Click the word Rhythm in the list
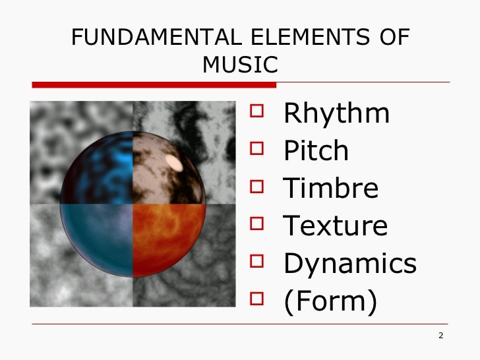(x=336, y=114)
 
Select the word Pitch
(x=316, y=152)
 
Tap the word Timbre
(x=331, y=189)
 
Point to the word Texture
(x=336, y=226)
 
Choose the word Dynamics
(x=350, y=264)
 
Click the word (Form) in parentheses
(x=330, y=301)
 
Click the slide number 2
(x=440, y=337)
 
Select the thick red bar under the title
(x=154, y=84)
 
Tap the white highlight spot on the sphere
(x=175, y=162)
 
